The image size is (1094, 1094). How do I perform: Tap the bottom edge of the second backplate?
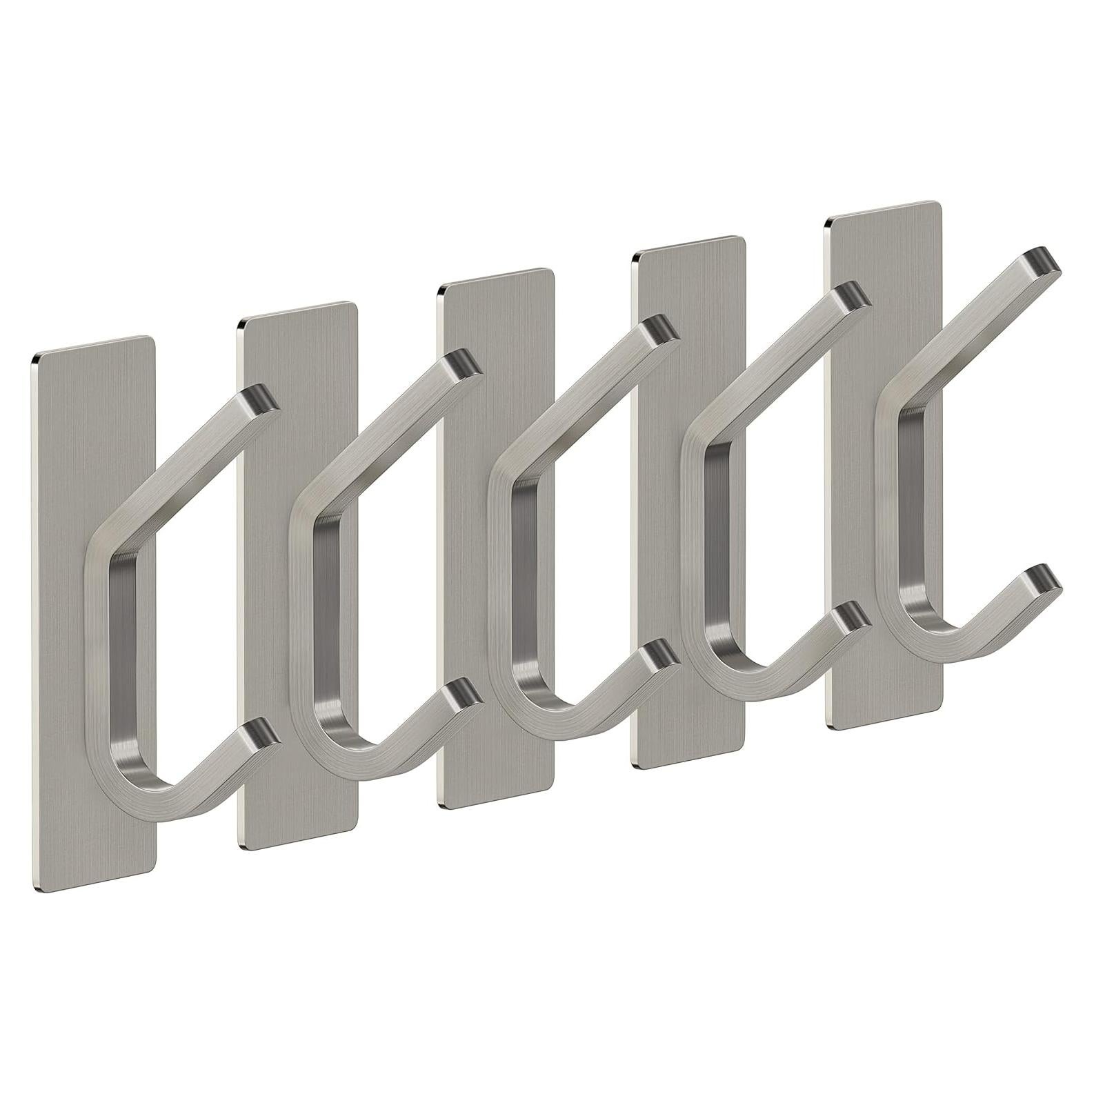pos(297,846)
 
